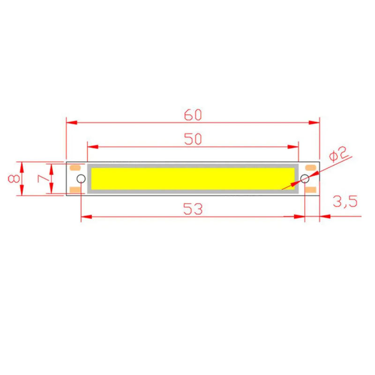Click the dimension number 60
pyautogui.click(x=192, y=114)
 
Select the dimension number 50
pyautogui.click(x=192, y=139)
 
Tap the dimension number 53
pyautogui.click(x=193, y=209)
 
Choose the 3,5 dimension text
pyautogui.click(x=345, y=202)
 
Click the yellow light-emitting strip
pyautogui.click(x=192, y=179)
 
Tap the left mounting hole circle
pyautogui.click(x=81, y=179)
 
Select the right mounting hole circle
pyautogui.click(x=305, y=179)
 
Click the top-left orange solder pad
pyautogui.click(x=75, y=167)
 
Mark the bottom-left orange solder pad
pyautogui.click(x=75, y=189)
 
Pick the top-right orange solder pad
pyautogui.click(x=310, y=167)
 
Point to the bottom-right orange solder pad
pyautogui.click(x=310, y=189)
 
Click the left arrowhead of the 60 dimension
pyautogui.click(x=71, y=123)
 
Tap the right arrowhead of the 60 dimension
pyautogui.click(x=315, y=123)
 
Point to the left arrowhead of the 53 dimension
pyautogui.click(x=86, y=217)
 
